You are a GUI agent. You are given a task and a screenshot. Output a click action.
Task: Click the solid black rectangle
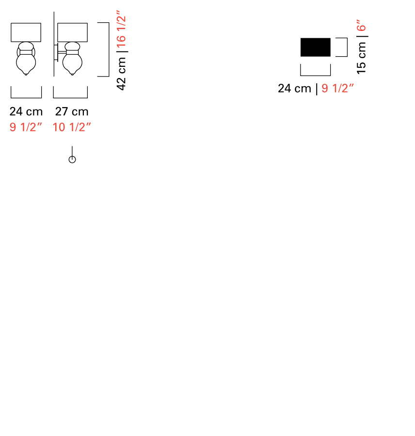point(315,47)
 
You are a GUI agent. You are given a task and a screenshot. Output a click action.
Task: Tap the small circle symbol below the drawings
point(72,159)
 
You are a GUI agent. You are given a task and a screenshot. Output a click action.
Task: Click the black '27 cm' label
point(72,111)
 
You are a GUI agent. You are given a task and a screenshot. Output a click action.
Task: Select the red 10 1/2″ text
point(72,127)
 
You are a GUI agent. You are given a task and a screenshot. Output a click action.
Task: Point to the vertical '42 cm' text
point(121,74)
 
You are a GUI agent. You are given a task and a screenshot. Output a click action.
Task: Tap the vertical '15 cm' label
point(361,58)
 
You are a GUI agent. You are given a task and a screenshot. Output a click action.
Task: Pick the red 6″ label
point(361,25)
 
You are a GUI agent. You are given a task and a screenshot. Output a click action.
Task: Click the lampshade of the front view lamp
point(26,32)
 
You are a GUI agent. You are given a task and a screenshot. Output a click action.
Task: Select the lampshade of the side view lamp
point(72,32)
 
